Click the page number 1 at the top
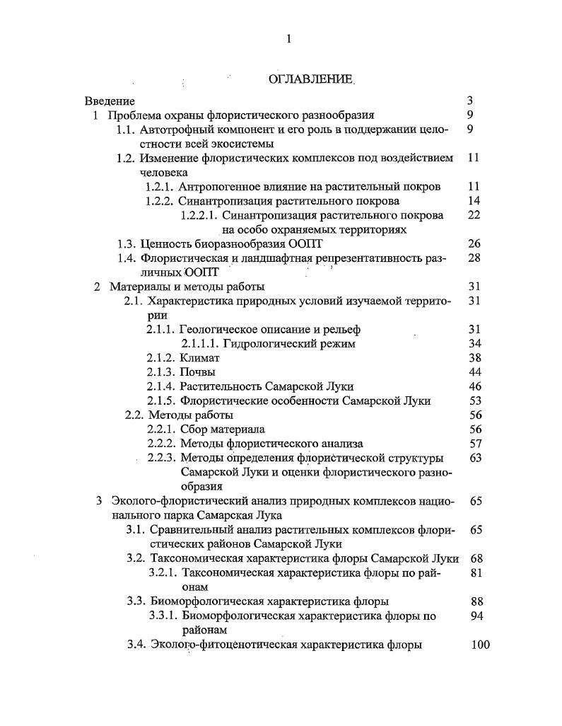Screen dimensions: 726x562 288,39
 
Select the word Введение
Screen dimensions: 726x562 110,101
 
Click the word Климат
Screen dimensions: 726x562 200,358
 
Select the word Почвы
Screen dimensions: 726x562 198,372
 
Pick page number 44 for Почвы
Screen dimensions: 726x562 474,372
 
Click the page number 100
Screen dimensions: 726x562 480,645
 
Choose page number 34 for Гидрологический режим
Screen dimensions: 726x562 474,344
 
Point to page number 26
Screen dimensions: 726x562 474,244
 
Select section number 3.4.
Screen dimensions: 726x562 136,645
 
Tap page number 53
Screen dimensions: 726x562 474,401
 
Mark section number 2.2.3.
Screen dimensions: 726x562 161,458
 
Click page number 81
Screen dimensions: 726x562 476,572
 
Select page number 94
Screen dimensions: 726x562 476,616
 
